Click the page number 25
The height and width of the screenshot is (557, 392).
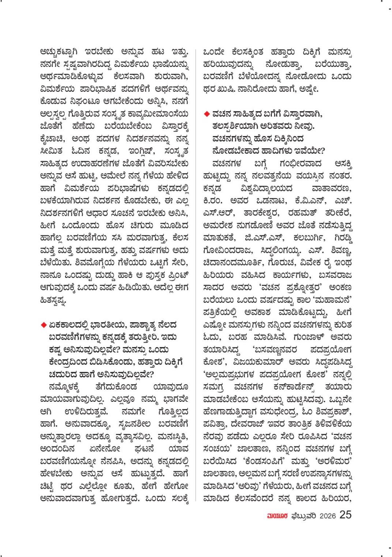pos(345,515)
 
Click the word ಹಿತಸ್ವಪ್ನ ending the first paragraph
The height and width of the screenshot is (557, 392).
pos(53,301)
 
